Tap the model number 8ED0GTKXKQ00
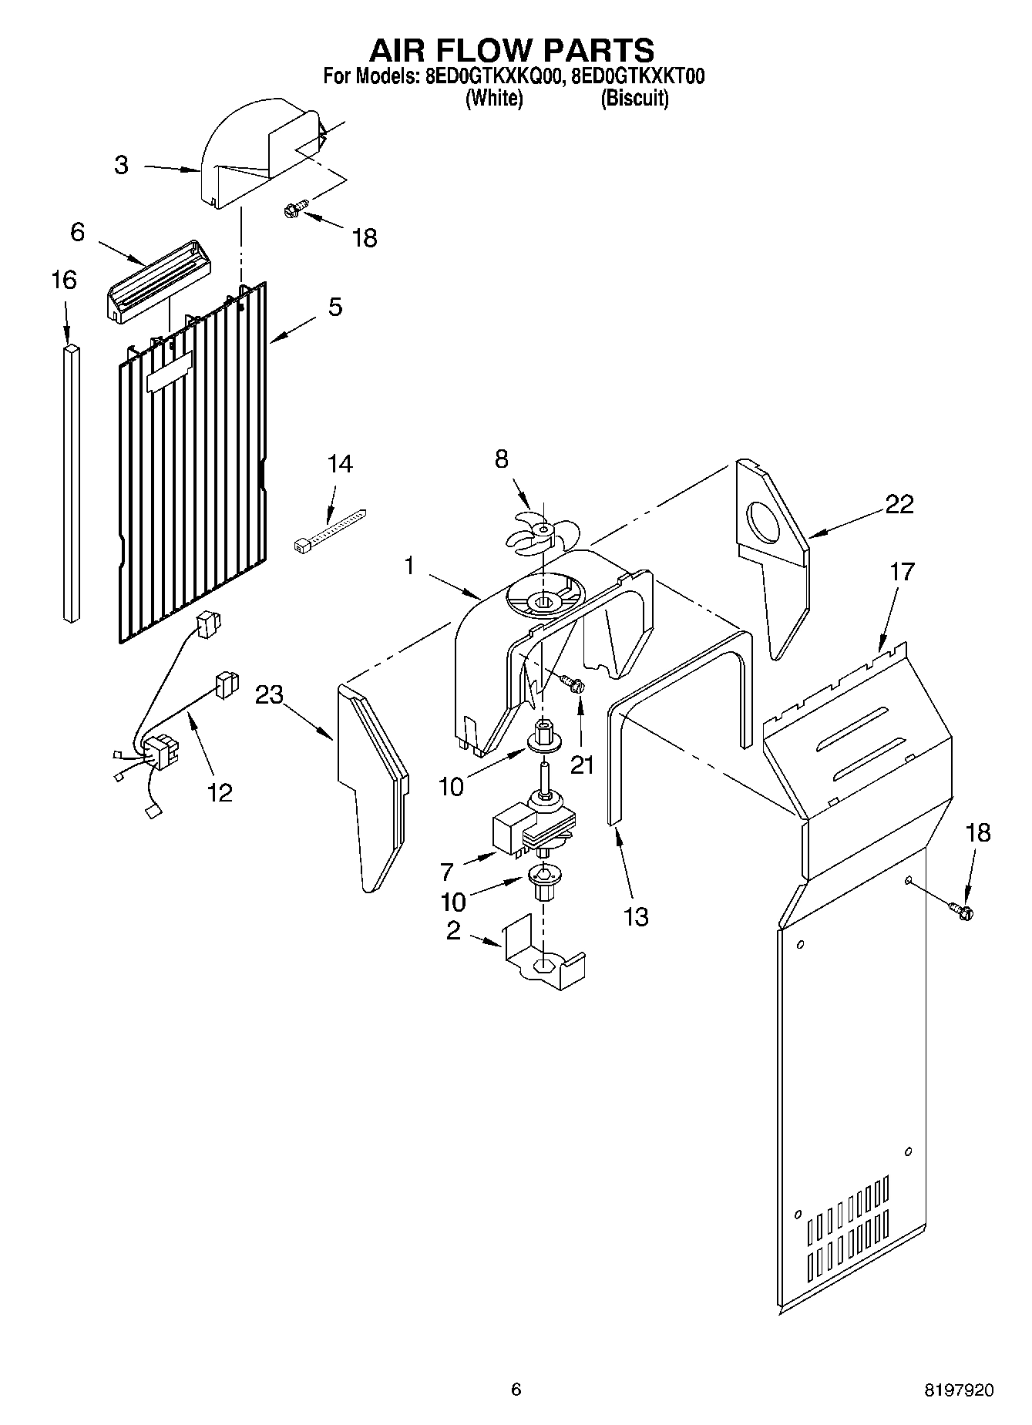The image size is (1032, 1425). click(495, 76)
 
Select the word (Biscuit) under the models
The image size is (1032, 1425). click(634, 99)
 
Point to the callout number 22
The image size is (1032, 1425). click(899, 504)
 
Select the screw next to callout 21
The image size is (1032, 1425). click(572, 682)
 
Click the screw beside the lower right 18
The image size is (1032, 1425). click(963, 910)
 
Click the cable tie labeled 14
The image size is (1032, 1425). click(330, 532)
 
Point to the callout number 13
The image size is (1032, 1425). click(636, 917)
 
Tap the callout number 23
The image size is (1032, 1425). click(270, 695)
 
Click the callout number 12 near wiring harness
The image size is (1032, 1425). click(220, 791)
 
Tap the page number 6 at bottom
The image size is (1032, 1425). click(516, 1390)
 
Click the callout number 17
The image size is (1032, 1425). click(902, 572)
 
